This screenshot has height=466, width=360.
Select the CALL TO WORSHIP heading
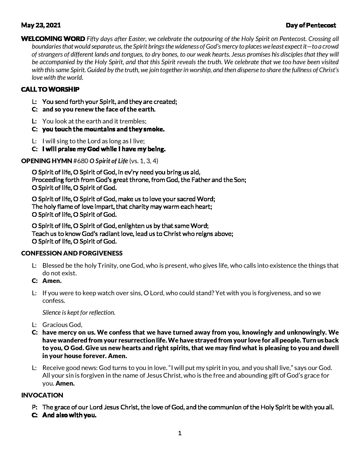coord(50,89)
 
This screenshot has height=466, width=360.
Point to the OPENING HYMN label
coord(46,161)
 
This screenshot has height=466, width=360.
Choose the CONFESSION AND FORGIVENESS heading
coord(72,253)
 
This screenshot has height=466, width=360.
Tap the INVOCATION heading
coord(42,395)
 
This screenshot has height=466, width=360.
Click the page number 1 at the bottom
coord(180,433)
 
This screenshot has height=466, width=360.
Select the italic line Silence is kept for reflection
coord(79,312)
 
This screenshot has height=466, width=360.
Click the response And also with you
coord(69,415)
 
